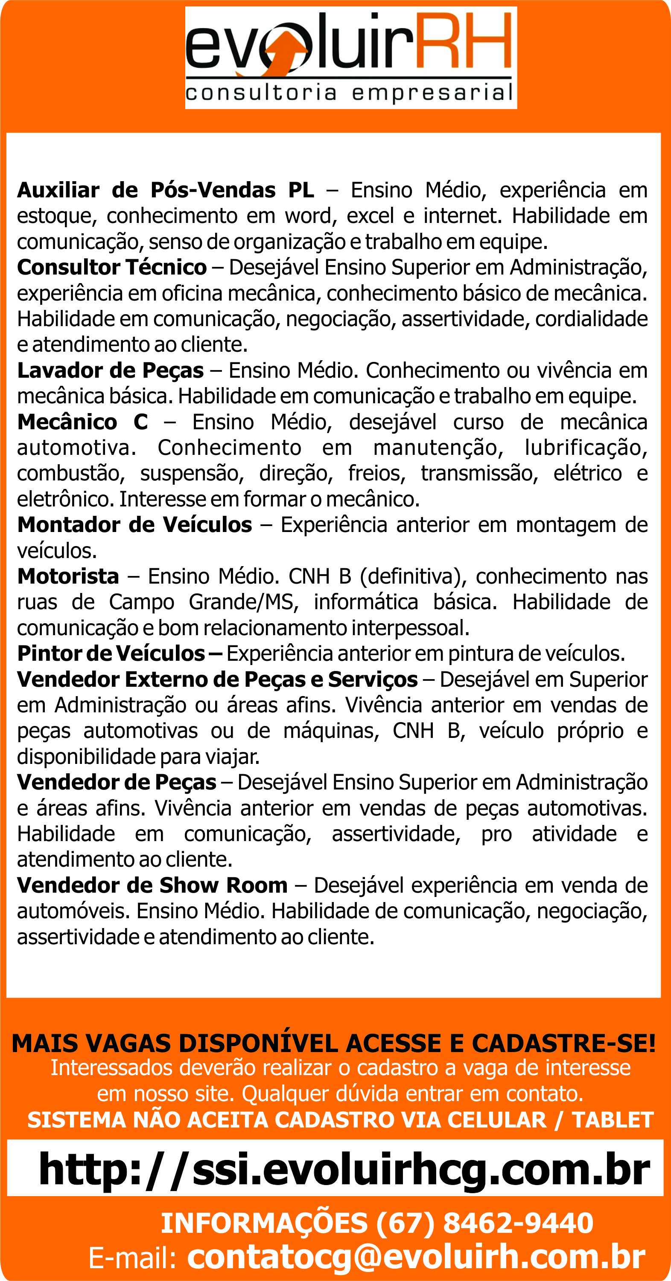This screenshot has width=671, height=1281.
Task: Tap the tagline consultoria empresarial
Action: (350, 93)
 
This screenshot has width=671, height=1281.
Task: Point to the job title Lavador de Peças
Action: (111, 370)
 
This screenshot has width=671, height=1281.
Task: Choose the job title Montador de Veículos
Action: (134, 525)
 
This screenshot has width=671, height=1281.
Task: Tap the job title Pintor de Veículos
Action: (111, 654)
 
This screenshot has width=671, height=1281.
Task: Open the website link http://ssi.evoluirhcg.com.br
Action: (344, 1170)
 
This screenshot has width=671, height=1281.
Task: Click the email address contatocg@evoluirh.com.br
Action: (416, 1257)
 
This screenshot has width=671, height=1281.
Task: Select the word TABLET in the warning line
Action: (612, 1120)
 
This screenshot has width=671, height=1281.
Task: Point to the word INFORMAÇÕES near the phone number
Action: (264, 1223)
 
